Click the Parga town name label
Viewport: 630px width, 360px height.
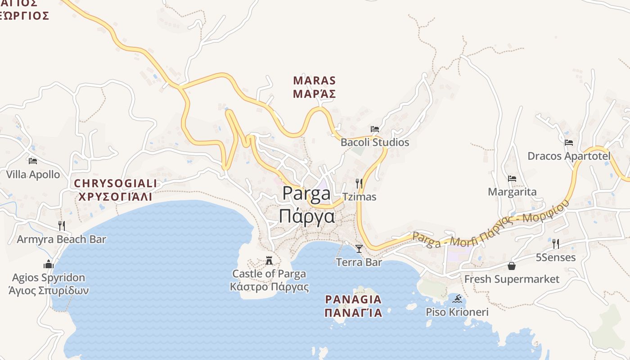pos(306,193)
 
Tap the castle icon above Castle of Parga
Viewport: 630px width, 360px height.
pos(269,261)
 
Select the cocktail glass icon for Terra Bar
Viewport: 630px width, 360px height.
pos(359,248)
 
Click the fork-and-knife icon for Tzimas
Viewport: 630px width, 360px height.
pos(359,183)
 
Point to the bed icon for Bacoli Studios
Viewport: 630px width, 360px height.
pos(375,129)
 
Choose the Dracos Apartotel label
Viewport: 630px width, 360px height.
pos(569,156)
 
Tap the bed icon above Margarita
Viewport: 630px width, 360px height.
pos(512,179)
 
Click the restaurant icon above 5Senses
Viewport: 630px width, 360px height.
pos(556,244)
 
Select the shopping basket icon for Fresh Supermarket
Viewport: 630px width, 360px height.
pos(512,266)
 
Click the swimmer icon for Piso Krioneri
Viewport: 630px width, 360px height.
pos(457,299)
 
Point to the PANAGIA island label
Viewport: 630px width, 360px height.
pos(353,299)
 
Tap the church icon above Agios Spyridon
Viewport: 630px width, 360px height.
pos(49,264)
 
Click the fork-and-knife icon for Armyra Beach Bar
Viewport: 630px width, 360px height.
pos(62,225)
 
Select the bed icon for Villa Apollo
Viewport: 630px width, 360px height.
pos(33,161)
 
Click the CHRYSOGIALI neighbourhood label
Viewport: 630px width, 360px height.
pos(116,184)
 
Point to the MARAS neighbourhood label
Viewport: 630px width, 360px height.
pos(315,81)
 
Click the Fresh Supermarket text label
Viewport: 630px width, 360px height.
pos(512,279)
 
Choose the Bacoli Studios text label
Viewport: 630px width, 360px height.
pos(375,142)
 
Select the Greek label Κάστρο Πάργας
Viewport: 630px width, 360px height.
pos(269,287)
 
